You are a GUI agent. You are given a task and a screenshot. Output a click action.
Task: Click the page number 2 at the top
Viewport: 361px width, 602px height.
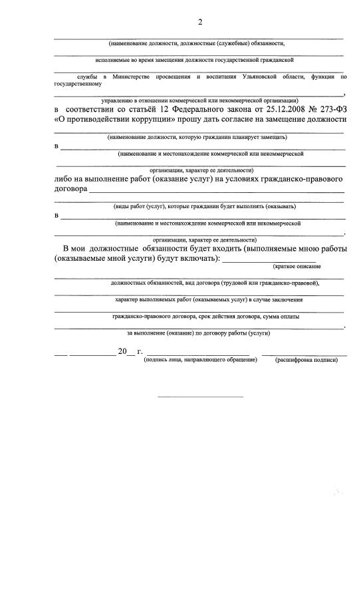[x=199, y=23]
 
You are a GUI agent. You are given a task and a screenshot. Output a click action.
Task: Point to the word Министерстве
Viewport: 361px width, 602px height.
[x=127, y=77]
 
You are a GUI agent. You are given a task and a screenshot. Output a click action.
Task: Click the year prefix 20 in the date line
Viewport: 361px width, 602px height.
[x=122, y=351]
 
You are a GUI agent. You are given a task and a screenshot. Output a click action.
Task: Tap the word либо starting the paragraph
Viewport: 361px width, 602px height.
[x=65, y=179]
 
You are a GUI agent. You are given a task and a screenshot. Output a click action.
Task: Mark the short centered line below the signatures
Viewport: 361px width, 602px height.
[x=200, y=397]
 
